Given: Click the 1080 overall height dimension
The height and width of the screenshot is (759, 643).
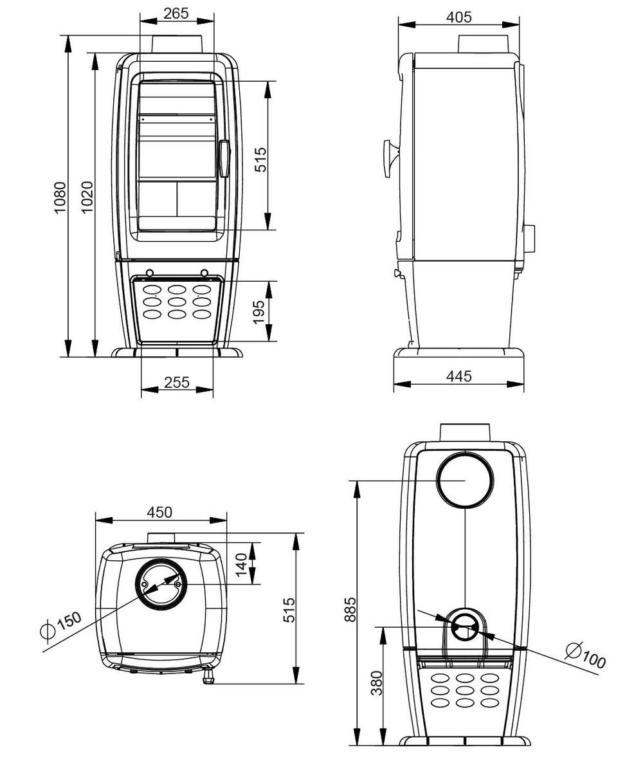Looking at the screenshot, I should click(x=59, y=197).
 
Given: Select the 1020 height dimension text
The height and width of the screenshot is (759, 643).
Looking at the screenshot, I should click(x=87, y=197).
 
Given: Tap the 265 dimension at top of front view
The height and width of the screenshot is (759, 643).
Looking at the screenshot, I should click(x=176, y=14).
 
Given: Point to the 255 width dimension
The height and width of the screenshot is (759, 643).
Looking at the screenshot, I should click(x=177, y=382).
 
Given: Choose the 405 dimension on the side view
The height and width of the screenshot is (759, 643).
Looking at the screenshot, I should click(x=458, y=17).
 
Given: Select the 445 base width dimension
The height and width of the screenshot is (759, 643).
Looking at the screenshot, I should click(x=458, y=376).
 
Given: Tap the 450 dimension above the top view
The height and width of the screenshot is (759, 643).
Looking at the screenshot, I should click(x=159, y=512).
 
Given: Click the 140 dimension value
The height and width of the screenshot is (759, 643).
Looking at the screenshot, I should click(x=242, y=565).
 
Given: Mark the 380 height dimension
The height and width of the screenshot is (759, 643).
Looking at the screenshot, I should click(x=377, y=683).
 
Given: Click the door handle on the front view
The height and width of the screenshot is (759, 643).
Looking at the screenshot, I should click(x=224, y=159).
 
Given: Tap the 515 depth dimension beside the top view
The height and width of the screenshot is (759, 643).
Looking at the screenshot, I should click(x=289, y=610).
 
